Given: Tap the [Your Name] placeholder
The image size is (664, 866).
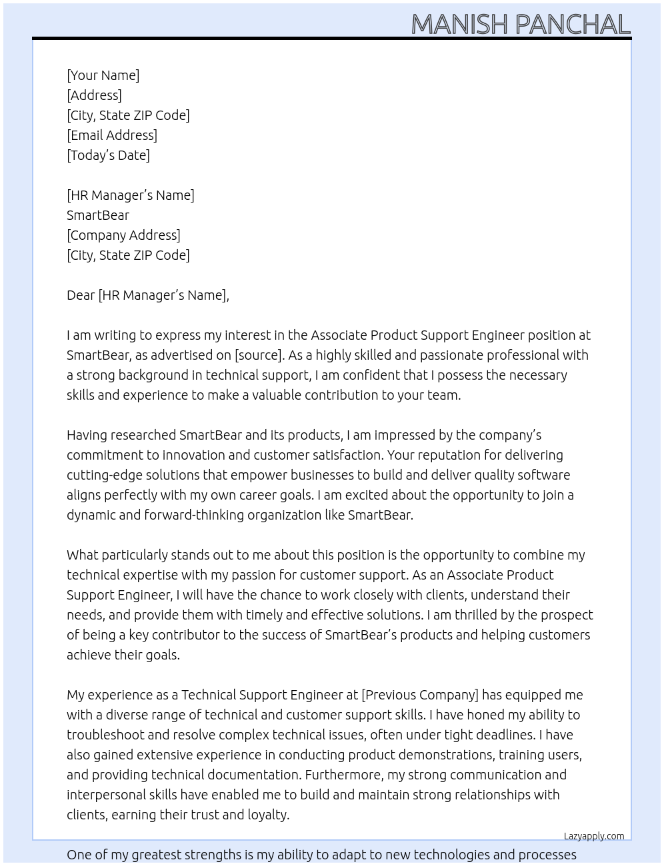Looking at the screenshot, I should click(103, 75).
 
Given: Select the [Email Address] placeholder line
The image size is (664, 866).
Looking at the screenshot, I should click(112, 135).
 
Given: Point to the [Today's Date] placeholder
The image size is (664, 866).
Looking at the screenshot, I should click(108, 155).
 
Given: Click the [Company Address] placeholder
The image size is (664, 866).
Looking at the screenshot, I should click(123, 235).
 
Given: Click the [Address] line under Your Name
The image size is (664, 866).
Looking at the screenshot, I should click(94, 95).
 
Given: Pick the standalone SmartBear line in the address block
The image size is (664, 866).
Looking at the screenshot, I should click(98, 215).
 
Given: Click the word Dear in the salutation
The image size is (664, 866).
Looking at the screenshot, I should click(81, 295).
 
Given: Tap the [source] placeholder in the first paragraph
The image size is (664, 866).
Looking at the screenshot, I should click(259, 355).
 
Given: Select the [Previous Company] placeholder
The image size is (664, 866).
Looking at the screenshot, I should click(419, 695).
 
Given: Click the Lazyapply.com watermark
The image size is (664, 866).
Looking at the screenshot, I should click(593, 836).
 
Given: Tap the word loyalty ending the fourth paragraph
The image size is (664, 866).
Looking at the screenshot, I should click(267, 815).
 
